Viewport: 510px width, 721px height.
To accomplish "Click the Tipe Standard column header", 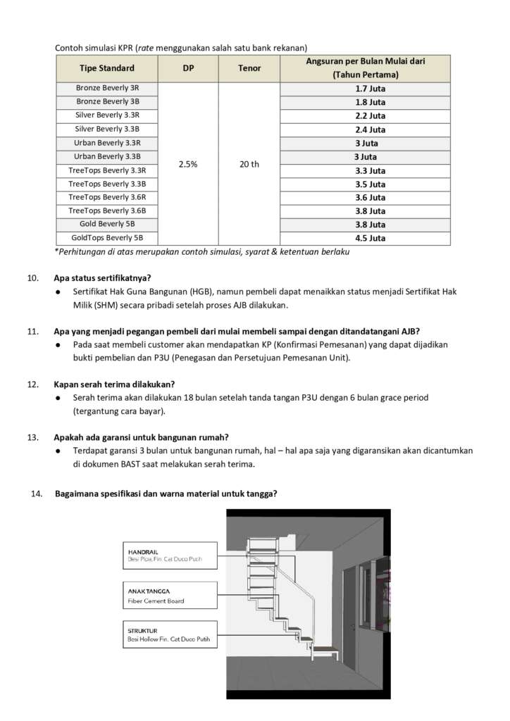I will click(107, 68).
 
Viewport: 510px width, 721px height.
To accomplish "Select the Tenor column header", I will click(249, 68).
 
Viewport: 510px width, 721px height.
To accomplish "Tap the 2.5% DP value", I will click(188, 164).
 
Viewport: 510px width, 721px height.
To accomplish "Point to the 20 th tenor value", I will click(249, 164).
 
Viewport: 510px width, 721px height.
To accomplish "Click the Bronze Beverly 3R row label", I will click(107, 89).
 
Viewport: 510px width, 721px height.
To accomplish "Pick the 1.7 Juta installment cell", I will click(370, 89).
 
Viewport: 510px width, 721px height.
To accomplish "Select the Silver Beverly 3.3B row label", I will click(107, 130).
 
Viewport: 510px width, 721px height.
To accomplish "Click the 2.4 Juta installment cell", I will click(370, 130).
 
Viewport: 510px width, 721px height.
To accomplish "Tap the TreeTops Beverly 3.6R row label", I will click(107, 197).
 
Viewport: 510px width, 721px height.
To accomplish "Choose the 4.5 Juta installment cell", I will click(370, 238).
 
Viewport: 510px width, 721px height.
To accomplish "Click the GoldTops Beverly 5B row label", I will click(107, 238).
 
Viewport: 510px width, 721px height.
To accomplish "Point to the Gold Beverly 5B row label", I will click(107, 225).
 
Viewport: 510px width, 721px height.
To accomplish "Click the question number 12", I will click(32, 384).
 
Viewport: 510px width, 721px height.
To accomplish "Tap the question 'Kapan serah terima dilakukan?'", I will click(114, 384).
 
